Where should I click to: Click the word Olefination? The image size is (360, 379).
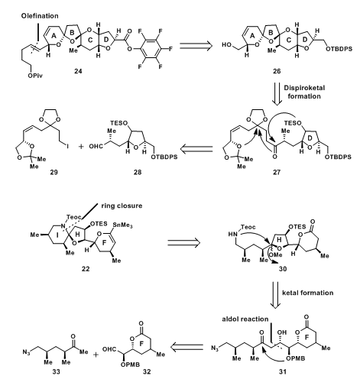click(40, 16)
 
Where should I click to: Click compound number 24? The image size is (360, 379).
click(78, 71)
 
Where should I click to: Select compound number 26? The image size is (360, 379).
click(277, 71)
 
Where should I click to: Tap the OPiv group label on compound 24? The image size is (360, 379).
click(35, 76)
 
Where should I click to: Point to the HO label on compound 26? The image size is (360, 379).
click(227, 45)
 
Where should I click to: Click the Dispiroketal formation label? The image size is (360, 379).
click(304, 92)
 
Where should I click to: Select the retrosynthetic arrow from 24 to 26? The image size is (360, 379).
click(196, 45)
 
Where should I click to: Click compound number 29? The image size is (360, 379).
click(54, 173)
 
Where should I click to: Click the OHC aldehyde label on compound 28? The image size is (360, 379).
click(96, 147)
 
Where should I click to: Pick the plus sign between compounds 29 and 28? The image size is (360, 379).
click(81, 147)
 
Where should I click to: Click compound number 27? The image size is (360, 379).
click(277, 173)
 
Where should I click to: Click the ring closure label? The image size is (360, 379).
click(122, 206)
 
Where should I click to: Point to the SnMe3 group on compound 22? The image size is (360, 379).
click(122, 225)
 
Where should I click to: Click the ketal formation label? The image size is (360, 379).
click(308, 293)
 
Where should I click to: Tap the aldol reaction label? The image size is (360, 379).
click(245, 319)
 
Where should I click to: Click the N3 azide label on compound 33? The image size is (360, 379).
click(26, 352)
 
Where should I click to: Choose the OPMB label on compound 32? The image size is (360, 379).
click(130, 364)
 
